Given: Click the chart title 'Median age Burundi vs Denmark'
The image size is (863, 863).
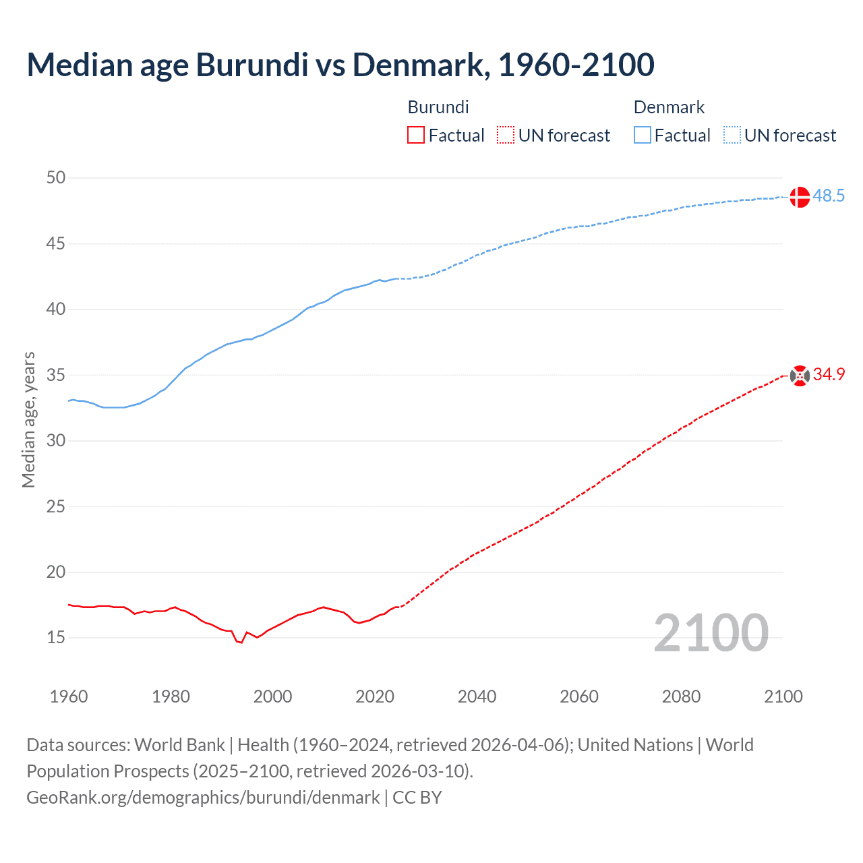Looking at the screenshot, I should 340,65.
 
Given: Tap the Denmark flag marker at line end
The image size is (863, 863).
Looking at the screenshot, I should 800,197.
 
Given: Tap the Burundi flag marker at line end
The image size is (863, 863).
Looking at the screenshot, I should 800,376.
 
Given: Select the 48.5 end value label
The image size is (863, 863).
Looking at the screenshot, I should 829,196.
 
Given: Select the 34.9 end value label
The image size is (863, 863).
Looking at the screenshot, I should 829,375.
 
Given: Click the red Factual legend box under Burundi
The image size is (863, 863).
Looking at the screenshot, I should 416,136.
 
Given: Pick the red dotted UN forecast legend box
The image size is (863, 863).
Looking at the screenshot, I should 506,136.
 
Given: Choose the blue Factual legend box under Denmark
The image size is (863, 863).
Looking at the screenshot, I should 643,136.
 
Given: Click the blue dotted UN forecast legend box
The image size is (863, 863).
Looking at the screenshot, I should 732,136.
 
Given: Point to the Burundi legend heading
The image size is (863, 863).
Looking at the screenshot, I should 438,107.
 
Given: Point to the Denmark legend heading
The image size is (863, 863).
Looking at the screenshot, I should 669,107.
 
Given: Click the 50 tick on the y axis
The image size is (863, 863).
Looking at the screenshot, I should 56,178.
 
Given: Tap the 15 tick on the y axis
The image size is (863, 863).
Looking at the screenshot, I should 56,637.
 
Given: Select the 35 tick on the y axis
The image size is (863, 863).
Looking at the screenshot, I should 56,375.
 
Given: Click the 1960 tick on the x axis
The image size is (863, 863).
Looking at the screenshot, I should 69,696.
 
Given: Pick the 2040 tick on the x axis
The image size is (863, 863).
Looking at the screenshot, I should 477,696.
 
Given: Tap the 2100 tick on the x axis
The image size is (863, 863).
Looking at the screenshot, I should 783,696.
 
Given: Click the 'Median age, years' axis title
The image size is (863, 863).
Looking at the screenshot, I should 28,419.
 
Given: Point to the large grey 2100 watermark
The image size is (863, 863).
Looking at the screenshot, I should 711,632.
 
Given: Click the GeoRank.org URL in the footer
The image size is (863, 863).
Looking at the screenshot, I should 203,798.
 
